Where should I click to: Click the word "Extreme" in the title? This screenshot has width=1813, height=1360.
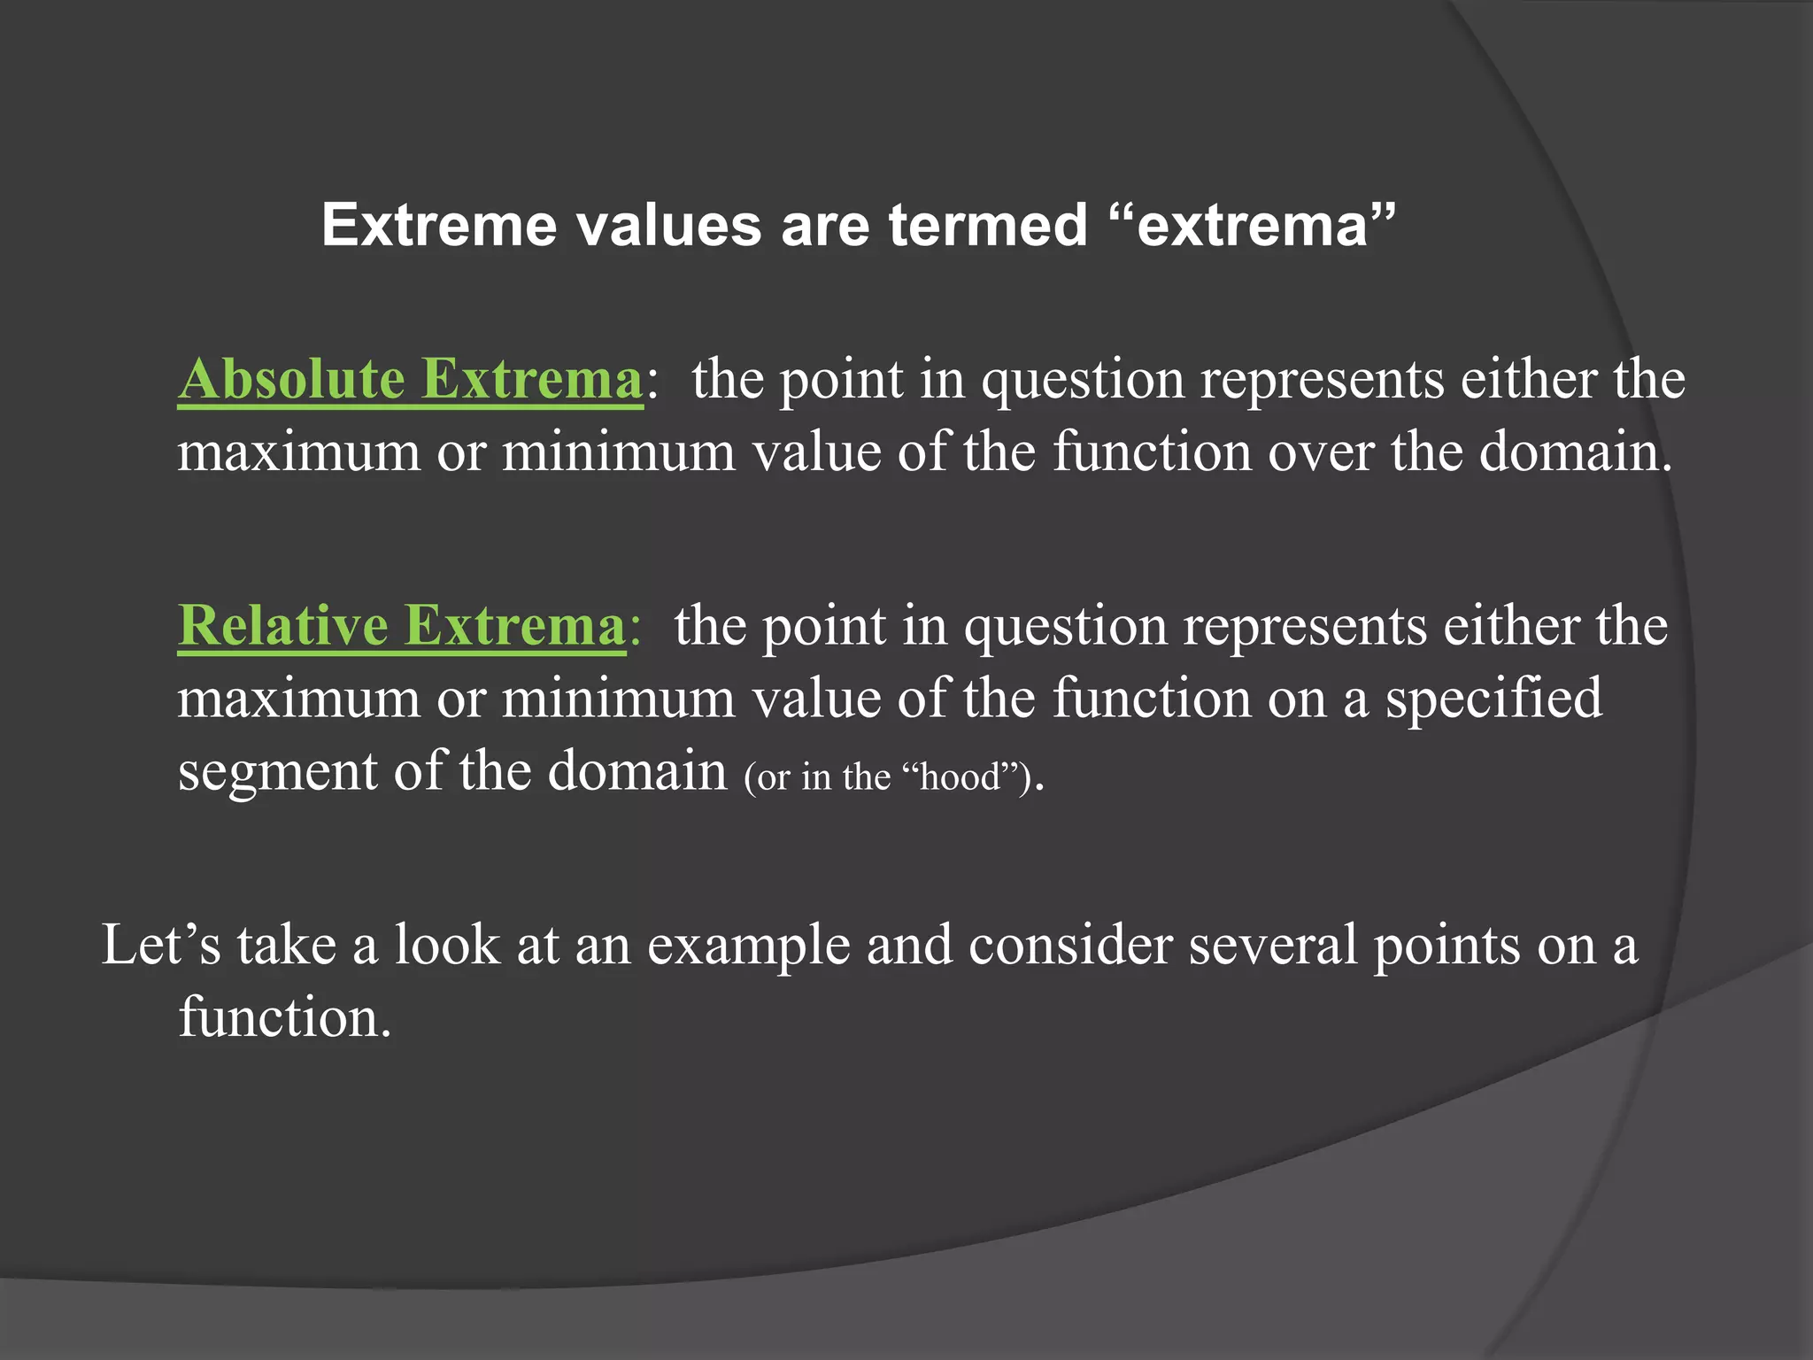(x=438, y=225)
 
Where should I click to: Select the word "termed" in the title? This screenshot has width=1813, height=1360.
(x=988, y=225)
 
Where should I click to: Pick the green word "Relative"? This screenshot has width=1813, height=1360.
(x=282, y=625)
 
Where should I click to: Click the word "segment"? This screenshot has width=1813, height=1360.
(x=277, y=770)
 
